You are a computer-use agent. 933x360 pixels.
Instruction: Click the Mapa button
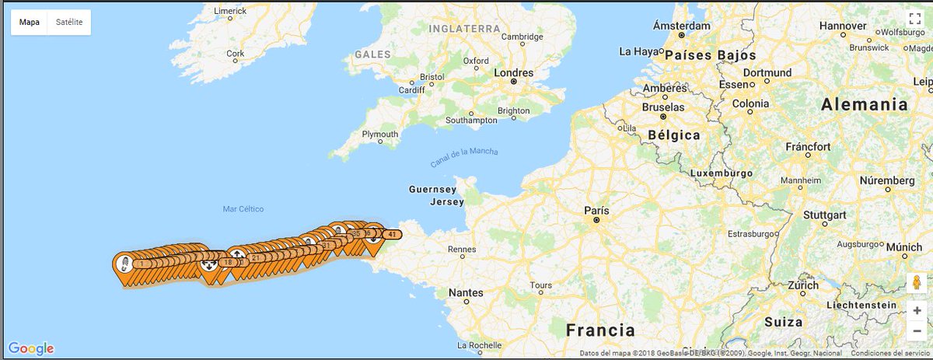point(30,23)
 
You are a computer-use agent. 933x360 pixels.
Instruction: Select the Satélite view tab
point(69,23)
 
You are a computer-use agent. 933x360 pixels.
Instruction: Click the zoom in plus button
point(917,310)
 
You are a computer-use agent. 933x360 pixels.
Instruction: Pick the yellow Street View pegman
point(917,282)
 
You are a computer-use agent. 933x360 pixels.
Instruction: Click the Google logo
point(31,348)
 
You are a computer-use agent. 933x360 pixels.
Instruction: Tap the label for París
point(596,211)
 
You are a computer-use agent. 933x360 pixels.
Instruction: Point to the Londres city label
point(514,72)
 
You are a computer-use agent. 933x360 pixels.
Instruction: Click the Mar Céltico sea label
point(243,209)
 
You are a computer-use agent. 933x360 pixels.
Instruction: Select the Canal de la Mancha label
point(464,157)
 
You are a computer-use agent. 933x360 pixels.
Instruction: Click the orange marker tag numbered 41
point(393,234)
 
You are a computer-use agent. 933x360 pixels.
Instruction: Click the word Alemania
point(865,104)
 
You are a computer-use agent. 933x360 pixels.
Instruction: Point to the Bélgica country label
point(673,135)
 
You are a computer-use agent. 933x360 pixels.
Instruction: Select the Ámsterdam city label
point(681,26)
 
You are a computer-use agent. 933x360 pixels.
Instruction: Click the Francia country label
point(600,329)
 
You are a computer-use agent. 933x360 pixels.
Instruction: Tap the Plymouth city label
point(379,134)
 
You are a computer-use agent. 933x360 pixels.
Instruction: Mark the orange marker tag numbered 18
point(228,263)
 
